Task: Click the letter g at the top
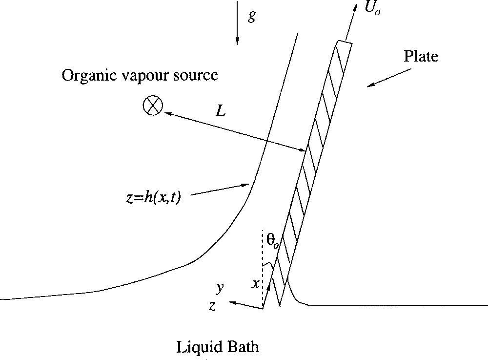[251, 16]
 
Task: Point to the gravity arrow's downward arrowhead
[237, 41]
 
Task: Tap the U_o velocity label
[372, 8]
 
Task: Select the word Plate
[421, 56]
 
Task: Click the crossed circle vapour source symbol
[152, 105]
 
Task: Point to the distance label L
[221, 110]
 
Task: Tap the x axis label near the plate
[255, 283]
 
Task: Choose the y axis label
[220, 288]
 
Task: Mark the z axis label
[212, 306]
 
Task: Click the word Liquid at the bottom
[198, 347]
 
